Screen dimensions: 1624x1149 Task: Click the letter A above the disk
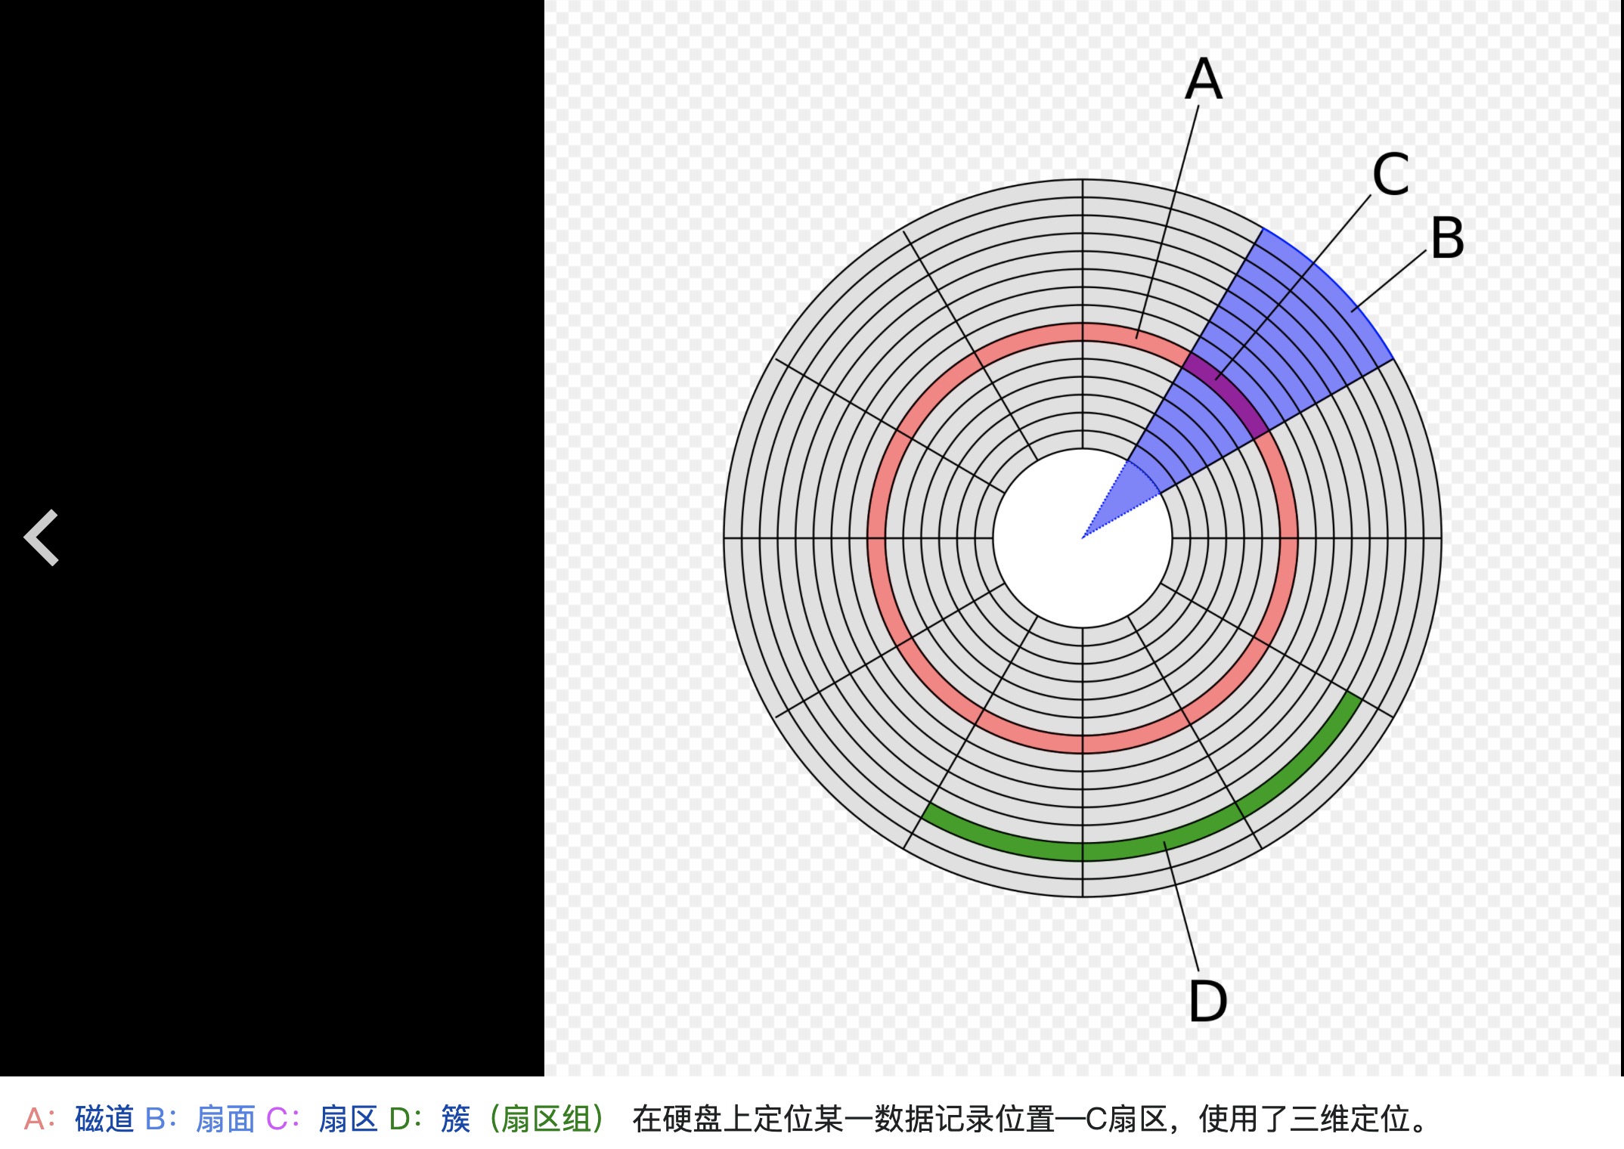pyautogui.click(x=1203, y=79)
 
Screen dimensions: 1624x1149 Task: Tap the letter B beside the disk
pyautogui.click(x=1447, y=238)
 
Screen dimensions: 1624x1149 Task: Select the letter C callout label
pyautogui.click(x=1390, y=175)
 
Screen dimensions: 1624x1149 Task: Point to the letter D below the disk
pyautogui.click(x=1207, y=1001)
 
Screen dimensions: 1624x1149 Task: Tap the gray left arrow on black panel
pyautogui.click(x=42, y=537)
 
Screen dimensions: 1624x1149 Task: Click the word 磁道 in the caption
pyautogui.click(x=104, y=1119)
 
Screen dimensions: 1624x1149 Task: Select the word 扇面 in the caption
pyautogui.click(x=225, y=1119)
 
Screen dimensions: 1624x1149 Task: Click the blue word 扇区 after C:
pyautogui.click(x=348, y=1119)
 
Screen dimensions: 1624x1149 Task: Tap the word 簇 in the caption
pyautogui.click(x=455, y=1119)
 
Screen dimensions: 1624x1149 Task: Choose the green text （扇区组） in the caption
pyautogui.click(x=546, y=1119)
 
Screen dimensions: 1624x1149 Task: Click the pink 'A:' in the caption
pyautogui.click(x=39, y=1119)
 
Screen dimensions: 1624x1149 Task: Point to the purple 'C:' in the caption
pyautogui.click(x=283, y=1119)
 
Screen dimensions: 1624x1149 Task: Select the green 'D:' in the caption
pyautogui.click(x=404, y=1119)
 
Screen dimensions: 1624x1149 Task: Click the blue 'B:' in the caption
pyautogui.click(x=161, y=1119)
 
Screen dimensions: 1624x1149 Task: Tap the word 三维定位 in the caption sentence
pyautogui.click(x=1350, y=1119)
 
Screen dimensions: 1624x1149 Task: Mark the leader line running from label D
pyautogui.click(x=1182, y=907)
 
